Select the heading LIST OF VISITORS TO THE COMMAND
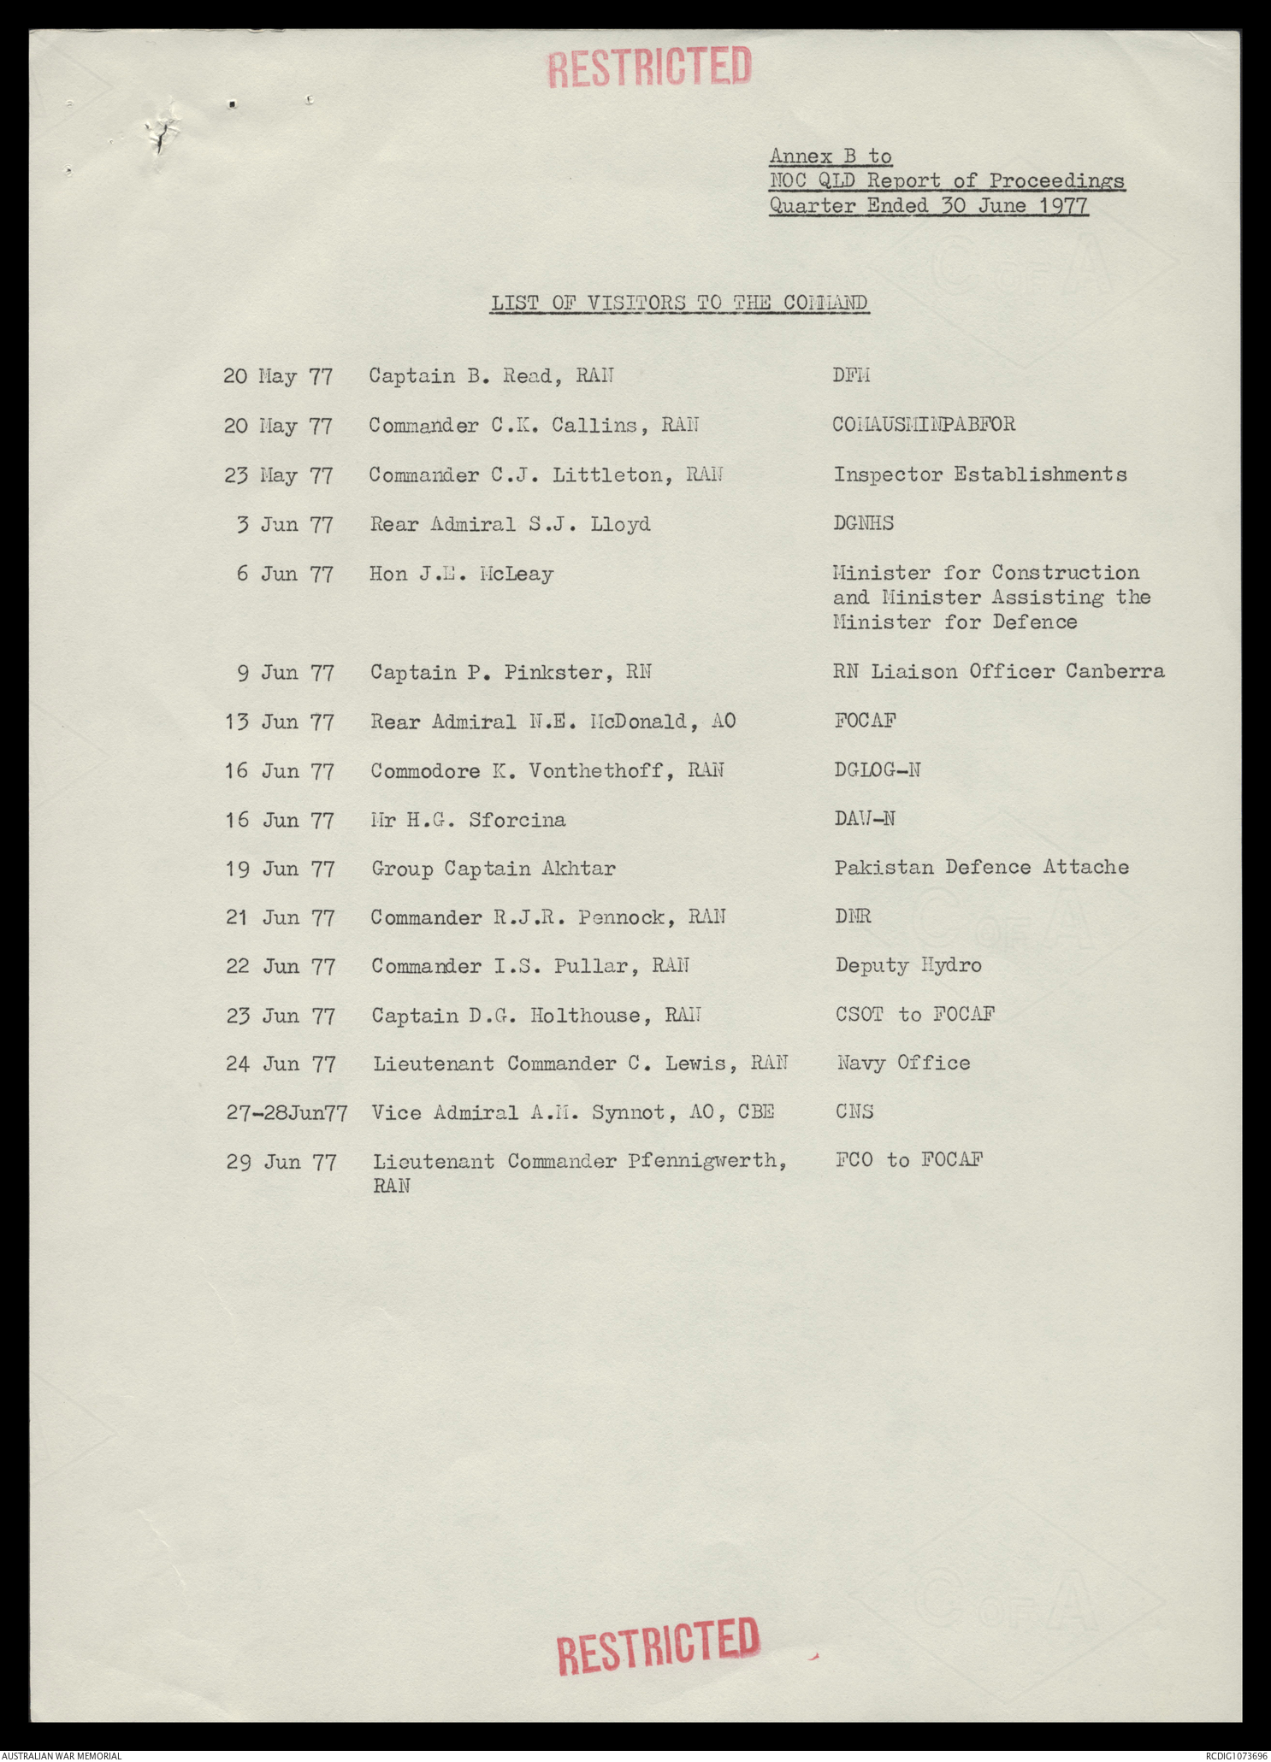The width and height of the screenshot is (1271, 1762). pyautogui.click(x=679, y=303)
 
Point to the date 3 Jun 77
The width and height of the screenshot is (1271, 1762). pyautogui.click(x=285, y=524)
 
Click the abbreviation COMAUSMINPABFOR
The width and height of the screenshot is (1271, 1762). pyautogui.click(x=924, y=425)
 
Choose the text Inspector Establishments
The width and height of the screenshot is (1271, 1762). pyautogui.click(x=980, y=474)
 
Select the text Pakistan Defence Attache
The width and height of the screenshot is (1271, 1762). pyautogui.click(x=981, y=868)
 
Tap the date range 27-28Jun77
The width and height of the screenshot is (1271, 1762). pyautogui.click(x=287, y=1113)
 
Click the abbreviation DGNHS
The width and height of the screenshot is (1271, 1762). pyautogui.click(x=863, y=523)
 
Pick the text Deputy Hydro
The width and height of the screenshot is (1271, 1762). pyautogui.click(x=908, y=966)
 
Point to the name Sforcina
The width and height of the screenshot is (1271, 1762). pyautogui.click(x=517, y=820)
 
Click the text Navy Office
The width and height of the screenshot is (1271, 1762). pyautogui.click(x=902, y=1064)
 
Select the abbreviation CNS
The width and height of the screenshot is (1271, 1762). pyautogui.click(x=854, y=1112)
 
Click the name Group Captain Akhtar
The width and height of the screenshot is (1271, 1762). pyautogui.click(x=493, y=869)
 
